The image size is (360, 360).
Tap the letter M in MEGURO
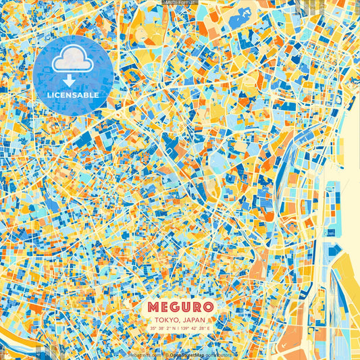(x=154, y=307)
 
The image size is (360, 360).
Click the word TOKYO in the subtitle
(x=165, y=320)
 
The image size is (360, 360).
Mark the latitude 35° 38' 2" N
(x=161, y=328)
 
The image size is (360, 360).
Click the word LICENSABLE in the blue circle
(x=72, y=95)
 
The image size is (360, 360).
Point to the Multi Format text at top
(x=180, y=3)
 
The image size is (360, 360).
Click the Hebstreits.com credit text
(x=145, y=354)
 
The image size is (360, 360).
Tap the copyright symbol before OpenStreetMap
(x=166, y=354)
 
